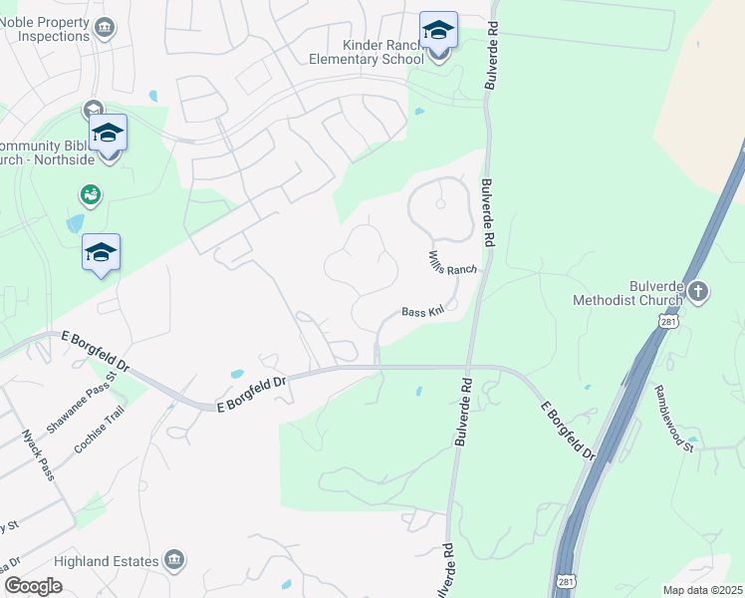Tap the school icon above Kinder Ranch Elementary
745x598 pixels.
438,31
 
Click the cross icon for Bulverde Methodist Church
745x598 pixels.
697,292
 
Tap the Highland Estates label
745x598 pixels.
108,561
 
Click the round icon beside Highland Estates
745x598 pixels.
175,559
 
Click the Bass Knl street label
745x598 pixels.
422,312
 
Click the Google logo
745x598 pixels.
33,586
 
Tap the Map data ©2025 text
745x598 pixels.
702,590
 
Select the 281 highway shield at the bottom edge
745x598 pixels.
564,579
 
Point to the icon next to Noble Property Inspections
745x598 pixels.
104,28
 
